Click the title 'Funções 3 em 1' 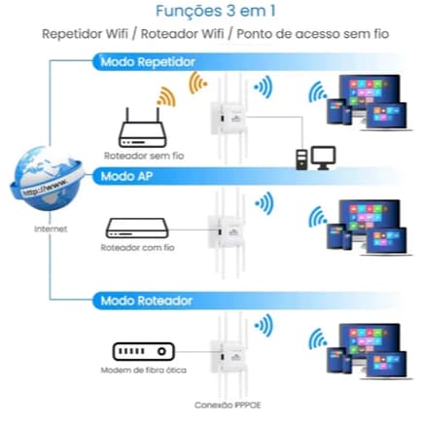(x=212, y=12)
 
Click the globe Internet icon (x=40, y=186)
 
